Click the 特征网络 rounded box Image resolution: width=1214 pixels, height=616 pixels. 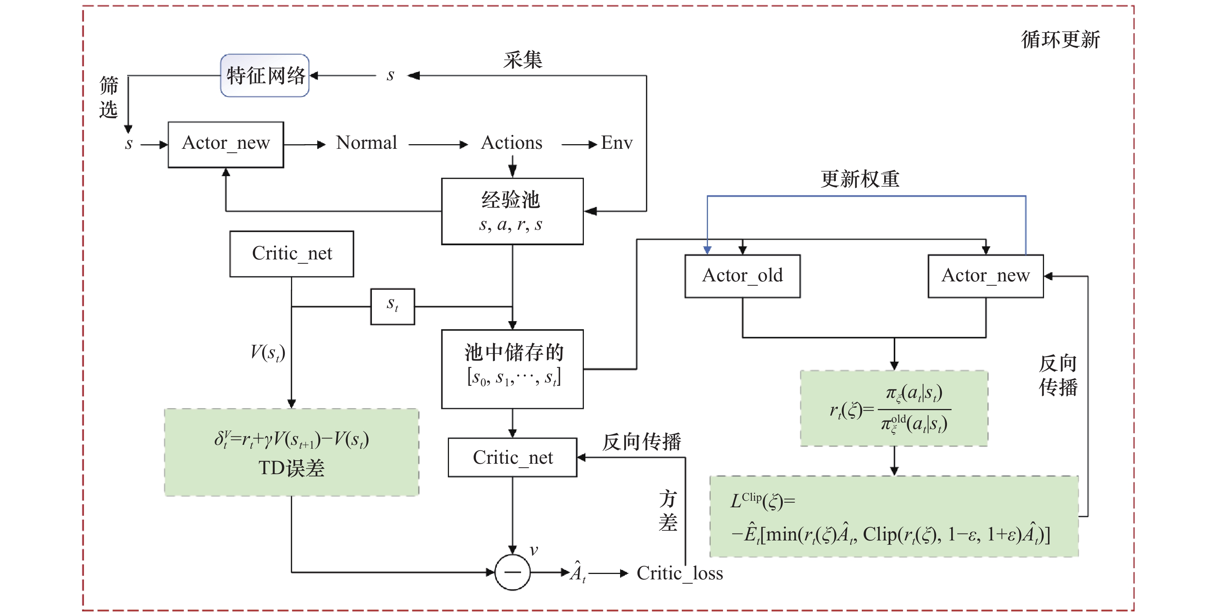265,76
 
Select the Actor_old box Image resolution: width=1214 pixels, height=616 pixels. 742,276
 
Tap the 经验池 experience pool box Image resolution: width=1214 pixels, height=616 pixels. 512,211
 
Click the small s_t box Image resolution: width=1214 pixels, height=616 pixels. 393,306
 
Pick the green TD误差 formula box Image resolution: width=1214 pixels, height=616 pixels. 291,452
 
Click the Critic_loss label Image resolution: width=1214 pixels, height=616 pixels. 679,574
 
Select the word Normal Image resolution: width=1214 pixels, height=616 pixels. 366,143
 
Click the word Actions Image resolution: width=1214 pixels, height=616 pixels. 511,143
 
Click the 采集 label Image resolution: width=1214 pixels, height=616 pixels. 523,60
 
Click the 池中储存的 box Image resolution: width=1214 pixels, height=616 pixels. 512,369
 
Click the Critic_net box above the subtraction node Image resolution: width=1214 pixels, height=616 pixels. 512,457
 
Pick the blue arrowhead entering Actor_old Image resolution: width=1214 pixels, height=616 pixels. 707,250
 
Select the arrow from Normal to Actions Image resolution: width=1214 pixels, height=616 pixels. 438,144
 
